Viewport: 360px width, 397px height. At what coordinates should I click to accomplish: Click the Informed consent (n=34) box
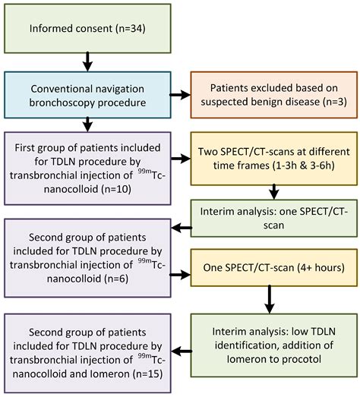pos(89,30)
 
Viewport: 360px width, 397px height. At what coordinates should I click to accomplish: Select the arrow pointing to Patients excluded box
pos(180,96)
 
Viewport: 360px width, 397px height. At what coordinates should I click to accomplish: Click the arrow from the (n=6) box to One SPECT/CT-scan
pos(180,269)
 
